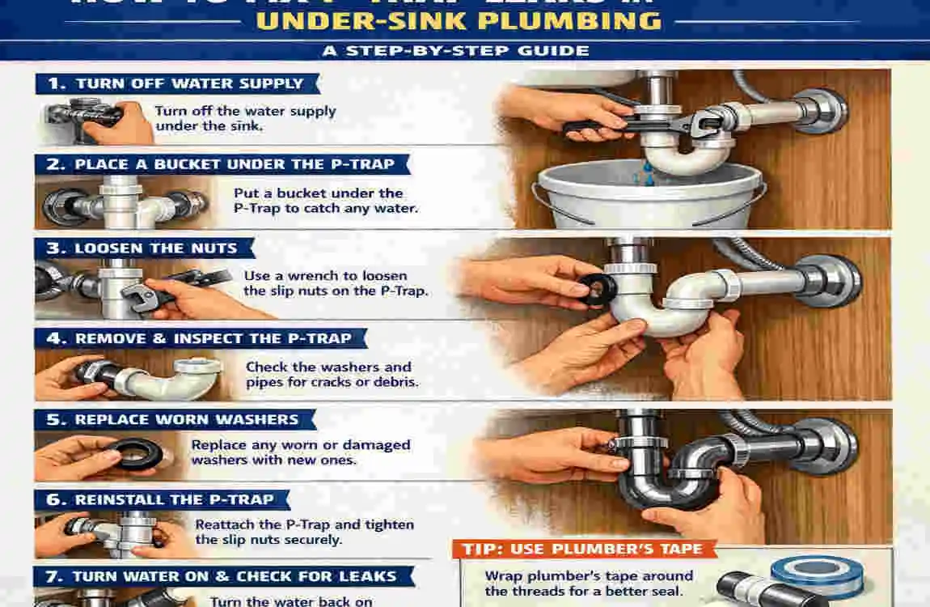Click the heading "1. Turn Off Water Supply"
[x=178, y=83]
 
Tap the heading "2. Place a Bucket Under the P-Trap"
[x=222, y=165]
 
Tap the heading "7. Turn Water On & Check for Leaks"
[x=223, y=577]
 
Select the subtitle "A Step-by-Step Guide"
[x=466, y=51]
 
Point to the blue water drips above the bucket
[x=647, y=172]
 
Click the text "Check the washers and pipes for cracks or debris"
[x=332, y=374]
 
